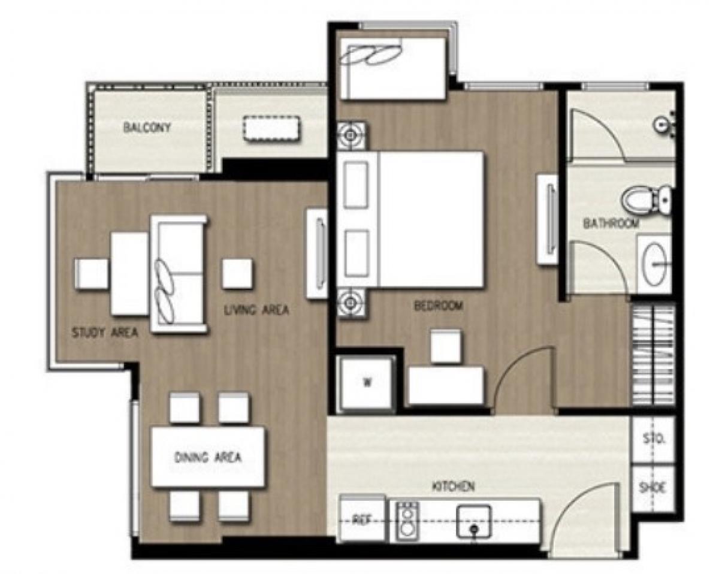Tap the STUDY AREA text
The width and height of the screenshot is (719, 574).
click(105, 333)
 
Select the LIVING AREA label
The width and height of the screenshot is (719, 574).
click(256, 310)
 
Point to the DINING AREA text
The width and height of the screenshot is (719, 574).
click(208, 457)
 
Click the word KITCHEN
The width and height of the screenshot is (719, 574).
click(454, 487)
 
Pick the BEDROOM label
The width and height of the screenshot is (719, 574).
click(439, 306)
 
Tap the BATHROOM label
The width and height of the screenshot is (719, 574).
click(611, 223)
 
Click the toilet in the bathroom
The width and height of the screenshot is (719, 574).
click(647, 200)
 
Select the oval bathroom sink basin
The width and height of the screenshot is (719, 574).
click(654, 264)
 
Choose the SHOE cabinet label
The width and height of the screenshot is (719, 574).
click(652, 488)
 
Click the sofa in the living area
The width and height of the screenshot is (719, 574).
click(179, 274)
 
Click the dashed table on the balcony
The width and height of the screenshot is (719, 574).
click(272, 129)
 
